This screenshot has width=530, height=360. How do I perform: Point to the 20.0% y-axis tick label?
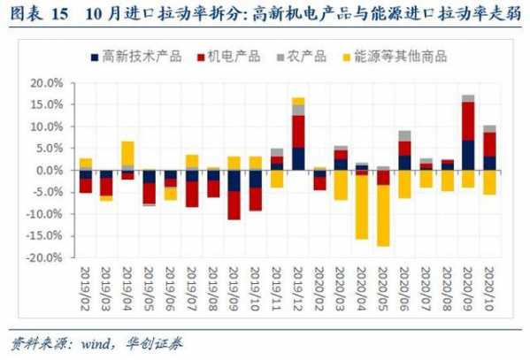tap(47, 83)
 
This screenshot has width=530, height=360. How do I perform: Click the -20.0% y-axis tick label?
tap(45, 257)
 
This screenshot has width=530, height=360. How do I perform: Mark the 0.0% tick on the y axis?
tap(50, 170)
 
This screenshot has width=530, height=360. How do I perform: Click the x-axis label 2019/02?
tap(86, 287)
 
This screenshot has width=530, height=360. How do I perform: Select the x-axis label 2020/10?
tap(490, 287)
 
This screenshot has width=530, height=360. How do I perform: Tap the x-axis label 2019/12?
tap(298, 287)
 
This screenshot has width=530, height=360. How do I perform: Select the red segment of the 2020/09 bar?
tap(468, 121)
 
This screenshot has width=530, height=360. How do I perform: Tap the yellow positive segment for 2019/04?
tap(128, 153)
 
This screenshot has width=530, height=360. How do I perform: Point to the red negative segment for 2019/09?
tap(234, 205)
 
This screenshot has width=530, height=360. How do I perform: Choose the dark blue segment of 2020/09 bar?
tap(468, 155)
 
